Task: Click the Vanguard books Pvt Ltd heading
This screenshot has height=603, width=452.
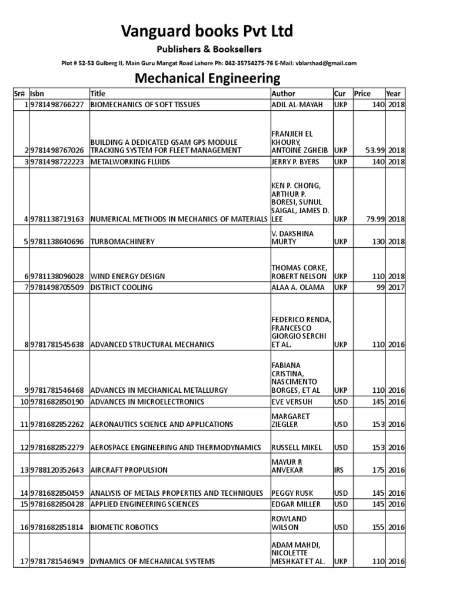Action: (x=207, y=31)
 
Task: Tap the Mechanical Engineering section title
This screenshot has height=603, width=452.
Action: (x=208, y=78)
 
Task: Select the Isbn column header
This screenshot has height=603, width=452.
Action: (x=37, y=93)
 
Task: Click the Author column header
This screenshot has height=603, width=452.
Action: (x=283, y=93)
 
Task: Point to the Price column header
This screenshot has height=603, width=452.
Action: (x=362, y=93)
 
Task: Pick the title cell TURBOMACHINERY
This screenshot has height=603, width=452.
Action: (x=122, y=241)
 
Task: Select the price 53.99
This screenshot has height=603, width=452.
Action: (x=373, y=150)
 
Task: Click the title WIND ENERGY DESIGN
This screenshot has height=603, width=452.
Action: (x=128, y=276)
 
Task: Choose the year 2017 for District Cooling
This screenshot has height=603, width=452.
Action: (x=396, y=287)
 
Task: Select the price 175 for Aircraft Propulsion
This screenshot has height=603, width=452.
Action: (x=378, y=470)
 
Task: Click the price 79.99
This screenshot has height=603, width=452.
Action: (x=373, y=219)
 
